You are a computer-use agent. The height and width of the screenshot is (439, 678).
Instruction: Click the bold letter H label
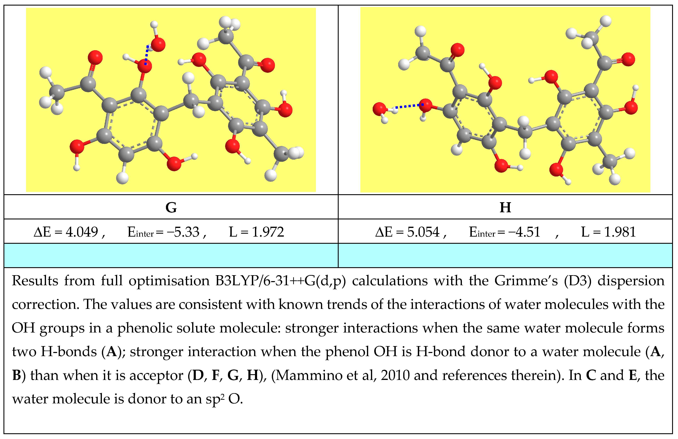pyautogui.click(x=505, y=208)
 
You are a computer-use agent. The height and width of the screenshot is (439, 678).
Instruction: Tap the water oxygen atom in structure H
pyautogui.click(x=380, y=109)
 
